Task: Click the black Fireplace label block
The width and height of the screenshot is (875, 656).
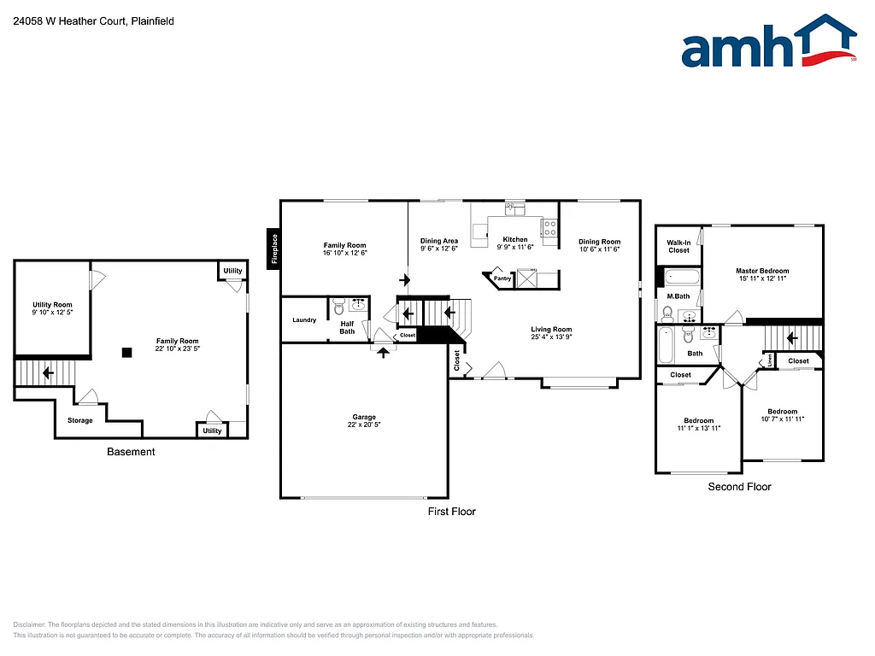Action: pos(273,249)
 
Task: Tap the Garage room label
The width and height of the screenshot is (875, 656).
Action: pos(364,418)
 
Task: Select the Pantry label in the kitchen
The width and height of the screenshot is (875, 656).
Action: pos(502,278)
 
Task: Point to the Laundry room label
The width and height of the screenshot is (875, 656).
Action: pos(303,320)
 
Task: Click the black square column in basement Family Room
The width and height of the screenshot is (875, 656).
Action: pos(126,352)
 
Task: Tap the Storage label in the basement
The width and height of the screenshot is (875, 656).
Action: pos(80,420)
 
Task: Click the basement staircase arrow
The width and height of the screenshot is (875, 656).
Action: pos(47,372)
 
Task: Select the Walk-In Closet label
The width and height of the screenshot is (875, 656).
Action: pos(678,246)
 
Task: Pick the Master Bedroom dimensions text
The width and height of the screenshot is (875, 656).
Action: pos(762,278)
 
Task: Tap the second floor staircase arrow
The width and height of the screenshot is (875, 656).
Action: pos(791,337)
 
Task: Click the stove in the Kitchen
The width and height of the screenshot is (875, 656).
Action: pos(549,228)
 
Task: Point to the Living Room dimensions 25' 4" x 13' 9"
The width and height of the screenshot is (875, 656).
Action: pos(550,337)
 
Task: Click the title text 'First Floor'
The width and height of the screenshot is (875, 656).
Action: pos(451,512)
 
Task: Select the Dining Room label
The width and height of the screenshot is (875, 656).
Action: pos(599,242)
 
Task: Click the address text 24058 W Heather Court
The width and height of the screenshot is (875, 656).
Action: pos(69,20)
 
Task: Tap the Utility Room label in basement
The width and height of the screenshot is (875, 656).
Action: pos(52,305)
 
